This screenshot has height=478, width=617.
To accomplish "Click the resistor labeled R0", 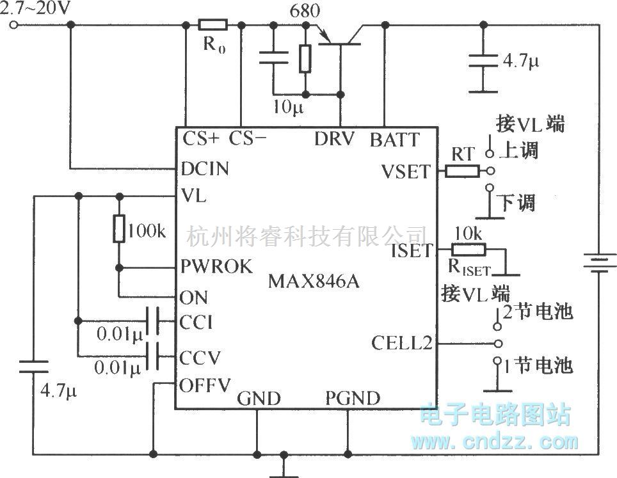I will click(212, 26).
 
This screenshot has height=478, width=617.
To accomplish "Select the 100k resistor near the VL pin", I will click(119, 229).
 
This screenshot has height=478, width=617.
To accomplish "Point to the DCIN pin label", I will click(205, 169).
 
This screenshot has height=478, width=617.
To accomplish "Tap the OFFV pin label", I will click(205, 385).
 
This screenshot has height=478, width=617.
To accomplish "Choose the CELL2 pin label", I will click(401, 344).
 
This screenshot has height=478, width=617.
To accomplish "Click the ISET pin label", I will click(412, 250).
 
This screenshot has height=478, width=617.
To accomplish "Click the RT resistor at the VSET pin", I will click(461, 171).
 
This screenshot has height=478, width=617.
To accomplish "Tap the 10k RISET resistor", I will click(469, 250).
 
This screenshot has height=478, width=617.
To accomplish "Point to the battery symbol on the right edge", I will click(599, 263).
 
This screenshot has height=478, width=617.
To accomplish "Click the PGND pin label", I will click(352, 399).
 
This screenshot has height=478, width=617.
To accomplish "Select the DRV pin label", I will click(333, 139).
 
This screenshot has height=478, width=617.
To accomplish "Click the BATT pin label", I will click(394, 139).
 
